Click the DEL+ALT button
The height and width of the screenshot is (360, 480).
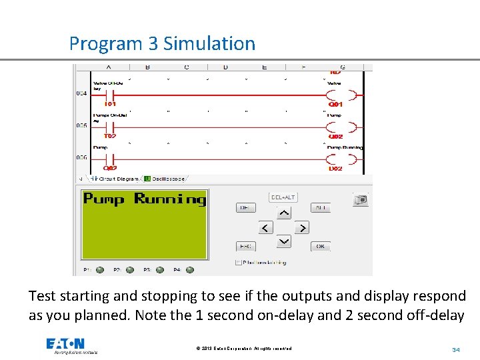[x=283, y=197]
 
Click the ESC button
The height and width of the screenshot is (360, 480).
[x=245, y=246]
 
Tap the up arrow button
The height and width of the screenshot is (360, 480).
[x=284, y=213]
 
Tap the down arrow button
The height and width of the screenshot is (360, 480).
[x=284, y=241]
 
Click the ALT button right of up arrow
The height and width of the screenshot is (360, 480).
[x=321, y=208]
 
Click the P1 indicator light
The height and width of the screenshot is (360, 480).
[x=100, y=270]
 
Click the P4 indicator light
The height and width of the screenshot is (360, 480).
[x=190, y=270]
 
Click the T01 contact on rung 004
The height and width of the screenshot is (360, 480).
[x=110, y=95]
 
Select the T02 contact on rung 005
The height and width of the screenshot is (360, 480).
[x=110, y=127]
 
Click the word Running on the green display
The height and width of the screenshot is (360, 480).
[x=170, y=199]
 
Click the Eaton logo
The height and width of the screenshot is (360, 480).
[x=65, y=344]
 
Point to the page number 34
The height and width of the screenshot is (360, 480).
[x=456, y=349]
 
